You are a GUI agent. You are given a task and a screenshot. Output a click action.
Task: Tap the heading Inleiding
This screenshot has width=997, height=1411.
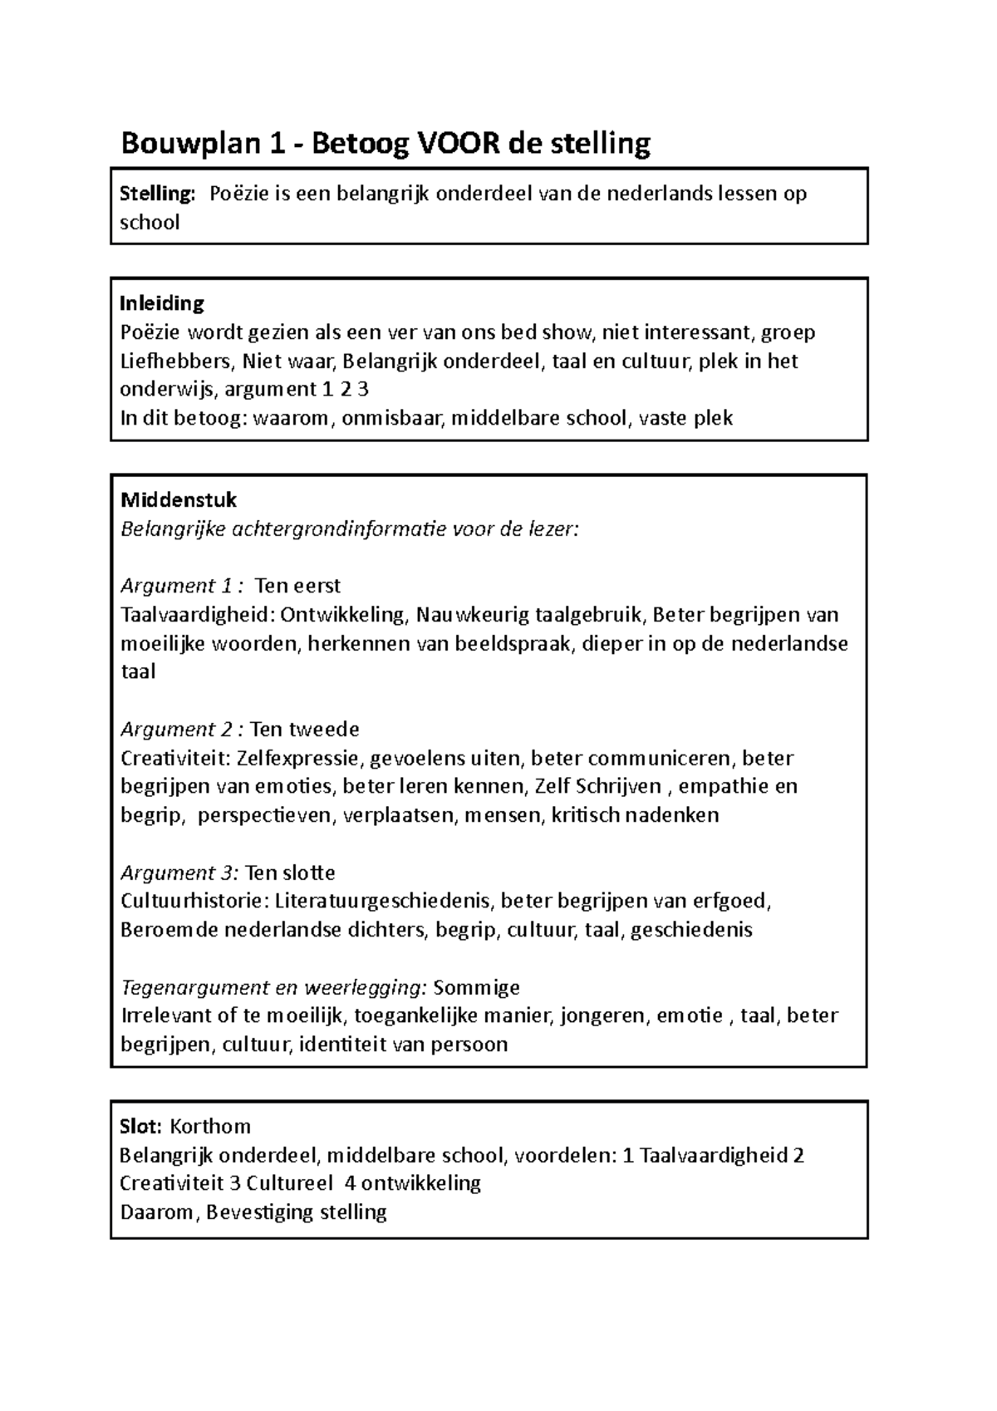coord(162,302)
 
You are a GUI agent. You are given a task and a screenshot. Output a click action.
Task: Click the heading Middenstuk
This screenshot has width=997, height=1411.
coord(179,500)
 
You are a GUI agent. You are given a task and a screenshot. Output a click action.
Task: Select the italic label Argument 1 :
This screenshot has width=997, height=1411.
coord(182,586)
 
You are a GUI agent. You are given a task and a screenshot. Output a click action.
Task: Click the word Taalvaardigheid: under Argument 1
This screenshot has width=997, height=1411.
coord(198,615)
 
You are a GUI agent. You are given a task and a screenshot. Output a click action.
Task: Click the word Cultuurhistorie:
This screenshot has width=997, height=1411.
coord(194,902)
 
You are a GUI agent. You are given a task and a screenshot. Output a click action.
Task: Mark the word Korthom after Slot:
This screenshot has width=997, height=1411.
coord(210,1127)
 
